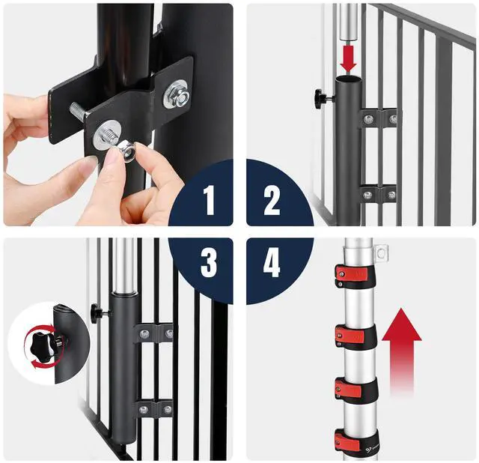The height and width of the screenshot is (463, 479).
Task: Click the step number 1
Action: pos(209,200)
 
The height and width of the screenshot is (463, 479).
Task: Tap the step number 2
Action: pos(272,200)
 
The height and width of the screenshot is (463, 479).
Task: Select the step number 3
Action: pos(209,262)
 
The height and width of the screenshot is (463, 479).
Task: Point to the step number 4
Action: pos(272,262)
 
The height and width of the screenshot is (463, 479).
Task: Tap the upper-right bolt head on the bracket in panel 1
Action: pos(177,94)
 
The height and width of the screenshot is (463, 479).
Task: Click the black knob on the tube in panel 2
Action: pos(320,98)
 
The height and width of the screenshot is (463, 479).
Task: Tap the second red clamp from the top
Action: pos(354,336)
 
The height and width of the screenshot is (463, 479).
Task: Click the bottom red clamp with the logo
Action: pos(356,441)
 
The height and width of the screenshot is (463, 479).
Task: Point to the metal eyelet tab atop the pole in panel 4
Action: pos(381,253)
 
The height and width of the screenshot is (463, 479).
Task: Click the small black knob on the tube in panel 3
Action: pos(98,313)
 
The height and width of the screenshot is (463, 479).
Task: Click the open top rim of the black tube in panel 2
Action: pos(349,79)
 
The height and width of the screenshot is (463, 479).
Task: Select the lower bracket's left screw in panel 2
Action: pos(367,195)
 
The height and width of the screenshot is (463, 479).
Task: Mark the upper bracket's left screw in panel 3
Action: pos(144,333)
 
